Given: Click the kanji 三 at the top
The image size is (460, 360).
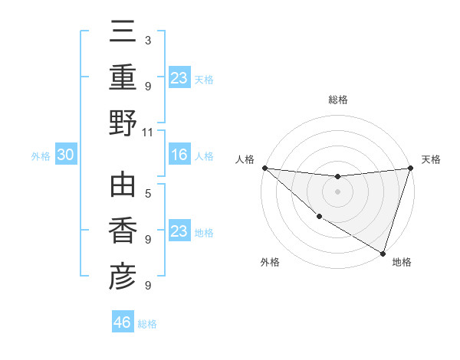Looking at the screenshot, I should point(123,34).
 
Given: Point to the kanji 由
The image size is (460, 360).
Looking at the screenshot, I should point(123,185).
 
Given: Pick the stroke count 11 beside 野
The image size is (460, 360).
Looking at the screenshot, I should point(148,132).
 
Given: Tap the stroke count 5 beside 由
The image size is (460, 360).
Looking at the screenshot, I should point(147,193).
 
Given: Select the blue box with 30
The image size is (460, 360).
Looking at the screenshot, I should point(65,155).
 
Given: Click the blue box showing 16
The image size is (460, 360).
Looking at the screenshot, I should point(179,155).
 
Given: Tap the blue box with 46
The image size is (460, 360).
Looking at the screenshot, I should point(122,322).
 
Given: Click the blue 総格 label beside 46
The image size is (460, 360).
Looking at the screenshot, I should point(147,324).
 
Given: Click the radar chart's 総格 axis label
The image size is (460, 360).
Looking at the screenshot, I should point(337,100).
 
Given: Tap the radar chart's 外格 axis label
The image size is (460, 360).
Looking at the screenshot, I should point(270,263).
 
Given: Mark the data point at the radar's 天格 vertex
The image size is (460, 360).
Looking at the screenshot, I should point(410,169).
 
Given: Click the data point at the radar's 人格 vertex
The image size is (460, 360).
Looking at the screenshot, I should point(264,168).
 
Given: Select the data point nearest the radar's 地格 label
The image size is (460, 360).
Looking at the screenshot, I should point(383,253).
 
